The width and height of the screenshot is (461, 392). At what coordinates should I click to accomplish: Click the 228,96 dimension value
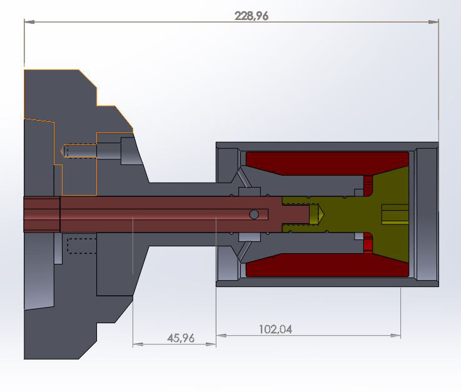251,16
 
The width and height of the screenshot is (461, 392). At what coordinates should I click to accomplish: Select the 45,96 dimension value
181,338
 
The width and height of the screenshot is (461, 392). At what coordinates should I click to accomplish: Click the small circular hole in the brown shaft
254,214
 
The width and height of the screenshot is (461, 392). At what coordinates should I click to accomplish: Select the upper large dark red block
325,164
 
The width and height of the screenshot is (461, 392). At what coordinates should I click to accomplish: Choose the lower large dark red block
325,265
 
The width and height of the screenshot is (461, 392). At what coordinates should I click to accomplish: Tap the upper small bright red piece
368,185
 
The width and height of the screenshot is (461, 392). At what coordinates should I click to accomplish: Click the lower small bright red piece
368,243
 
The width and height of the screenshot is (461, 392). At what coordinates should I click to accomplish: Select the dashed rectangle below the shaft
81,244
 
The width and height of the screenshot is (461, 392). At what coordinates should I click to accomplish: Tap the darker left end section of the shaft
42,214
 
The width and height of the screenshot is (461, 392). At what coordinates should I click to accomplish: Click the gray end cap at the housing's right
427,214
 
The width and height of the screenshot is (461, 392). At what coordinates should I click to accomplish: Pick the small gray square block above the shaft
249,191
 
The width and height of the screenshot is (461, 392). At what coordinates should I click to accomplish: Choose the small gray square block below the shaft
249,238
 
